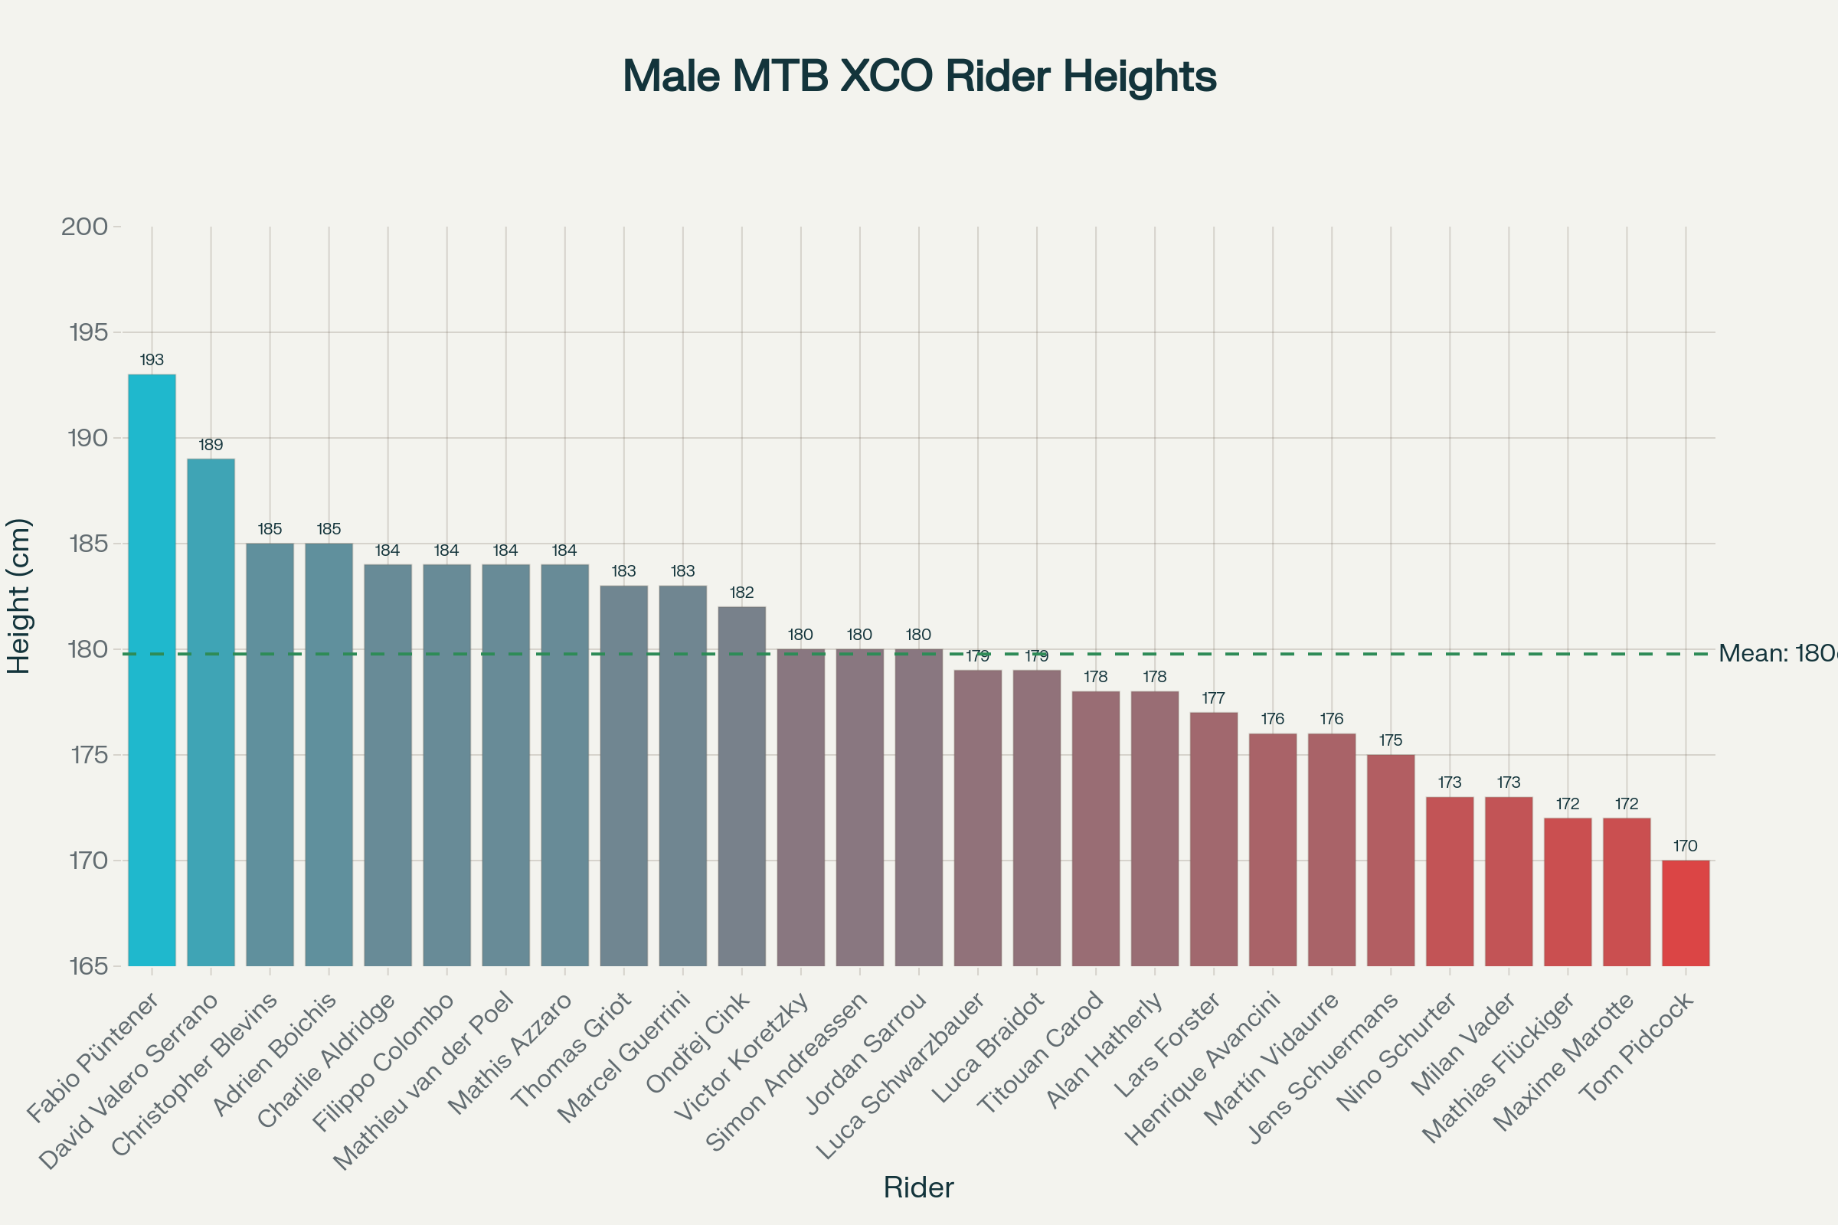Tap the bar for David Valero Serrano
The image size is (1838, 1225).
pyautogui.click(x=211, y=712)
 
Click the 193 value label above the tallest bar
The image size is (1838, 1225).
pyautogui.click(x=152, y=360)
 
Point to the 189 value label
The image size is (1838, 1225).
pyautogui.click(x=211, y=446)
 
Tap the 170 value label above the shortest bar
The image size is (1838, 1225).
pyautogui.click(x=1686, y=846)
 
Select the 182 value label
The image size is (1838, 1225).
pyautogui.click(x=741, y=593)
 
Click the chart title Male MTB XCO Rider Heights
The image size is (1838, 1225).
pyautogui.click(x=919, y=77)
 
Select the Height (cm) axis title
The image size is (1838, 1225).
pyautogui.click(x=18, y=596)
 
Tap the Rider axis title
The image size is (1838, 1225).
pyautogui.click(x=918, y=1187)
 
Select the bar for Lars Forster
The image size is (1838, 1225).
pyautogui.click(x=1214, y=839)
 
